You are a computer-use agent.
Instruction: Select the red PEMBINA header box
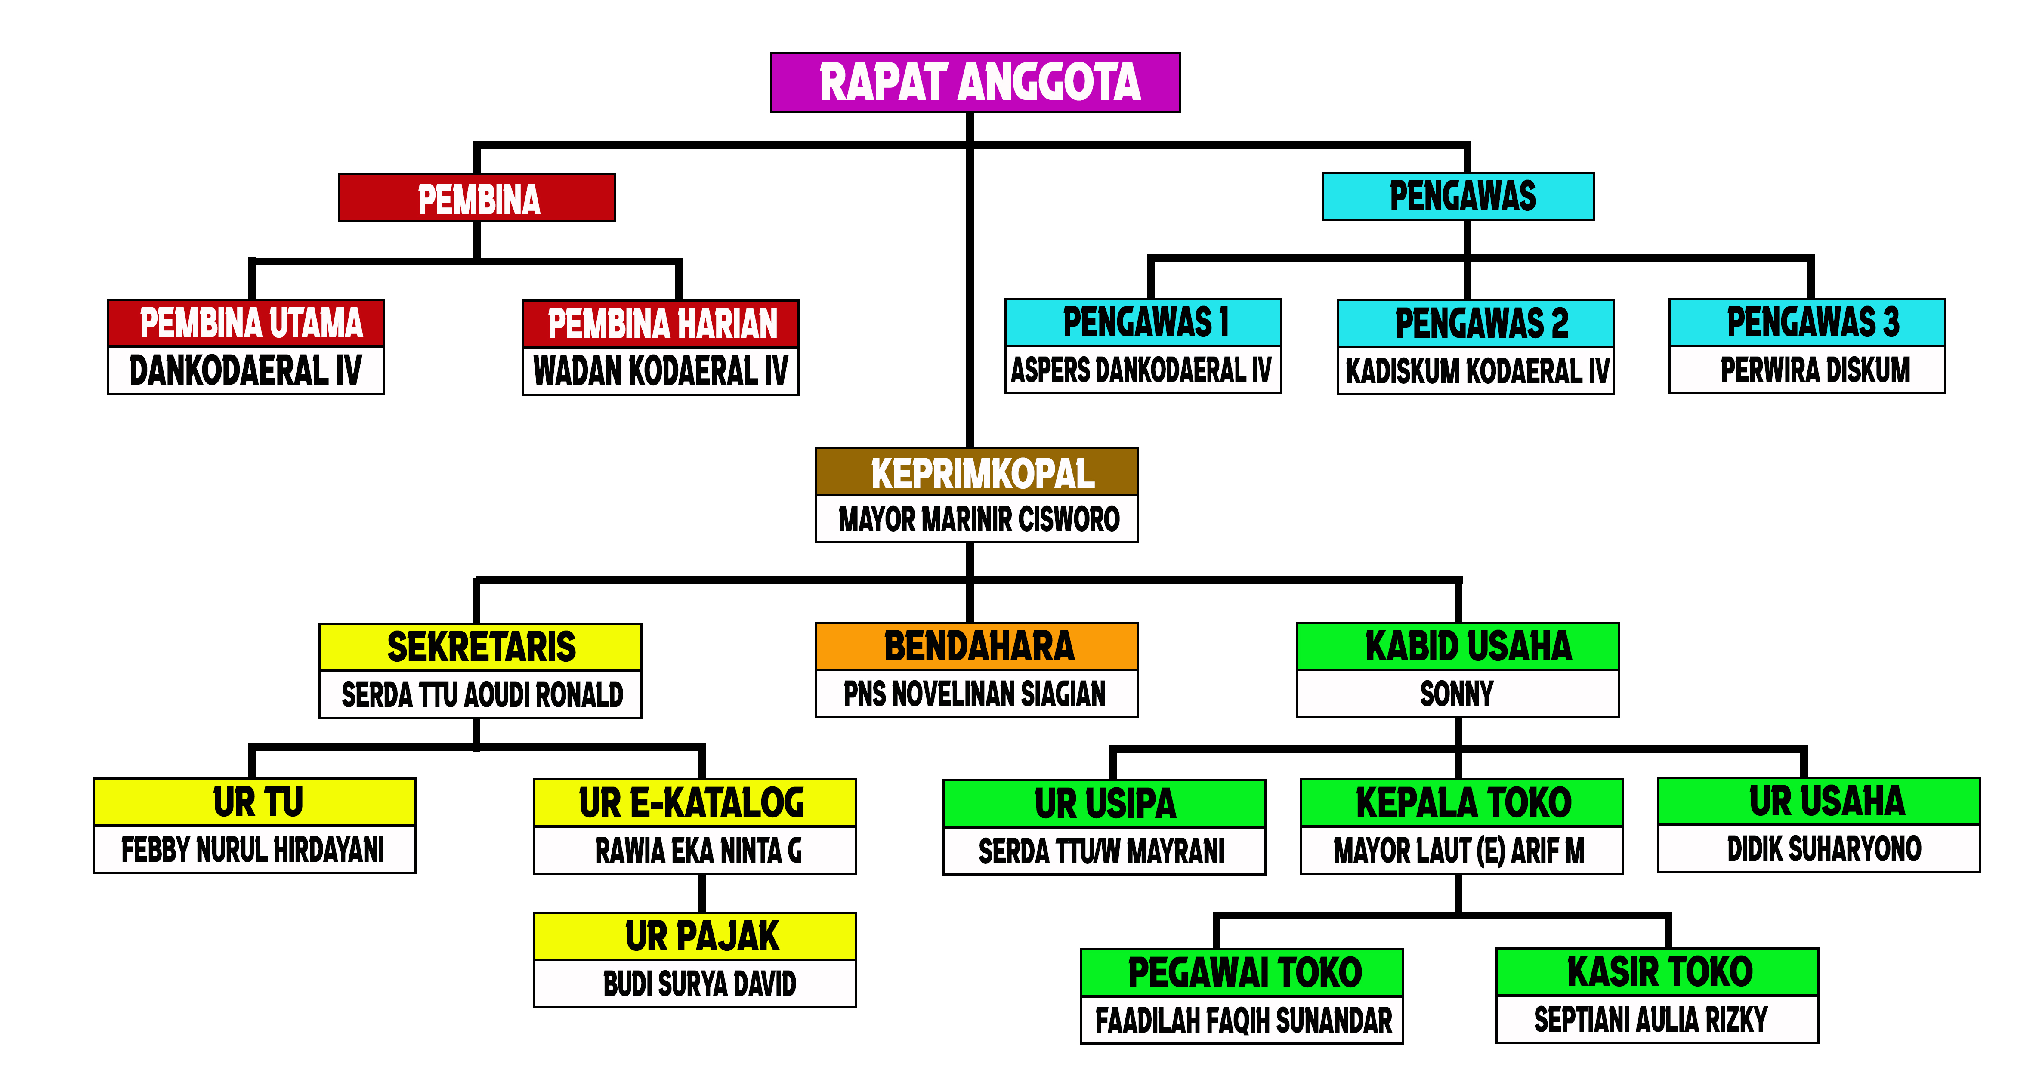(477, 198)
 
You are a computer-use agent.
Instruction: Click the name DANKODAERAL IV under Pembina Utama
(245, 370)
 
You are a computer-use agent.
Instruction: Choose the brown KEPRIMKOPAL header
(977, 472)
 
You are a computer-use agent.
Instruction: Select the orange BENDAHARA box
(977, 646)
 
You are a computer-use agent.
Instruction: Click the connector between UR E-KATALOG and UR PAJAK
(701, 893)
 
